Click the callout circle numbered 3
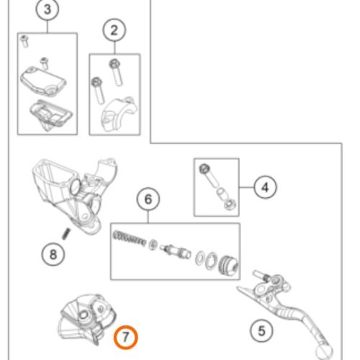click(48, 9)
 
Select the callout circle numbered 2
click(114, 30)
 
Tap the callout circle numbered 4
click(265, 187)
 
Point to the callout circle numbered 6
click(148, 199)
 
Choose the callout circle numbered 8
click(53, 254)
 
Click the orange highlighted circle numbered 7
click(126, 337)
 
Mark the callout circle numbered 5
click(261, 330)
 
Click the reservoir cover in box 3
click(43, 81)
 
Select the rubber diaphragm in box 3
click(51, 114)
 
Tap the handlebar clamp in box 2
click(119, 113)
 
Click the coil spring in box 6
click(129, 238)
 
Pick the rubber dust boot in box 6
click(228, 265)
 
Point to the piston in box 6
click(176, 251)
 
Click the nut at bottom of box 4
click(230, 204)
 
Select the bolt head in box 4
click(204, 169)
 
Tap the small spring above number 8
click(66, 234)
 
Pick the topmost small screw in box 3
click(24, 41)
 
